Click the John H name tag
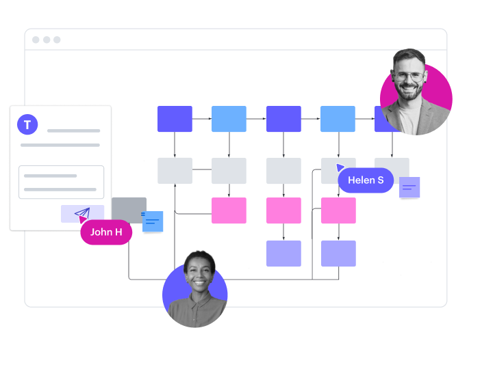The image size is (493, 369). [106, 232]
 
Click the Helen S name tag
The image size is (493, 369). [366, 180]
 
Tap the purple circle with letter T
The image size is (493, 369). [27, 124]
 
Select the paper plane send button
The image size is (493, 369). [82, 214]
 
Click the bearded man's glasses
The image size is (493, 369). [409, 76]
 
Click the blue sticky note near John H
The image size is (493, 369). [153, 221]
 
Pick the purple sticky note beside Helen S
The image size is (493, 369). [409, 187]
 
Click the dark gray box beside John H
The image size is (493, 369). [129, 210]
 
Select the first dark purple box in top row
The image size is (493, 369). [175, 119]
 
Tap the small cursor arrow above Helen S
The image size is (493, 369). [340, 167]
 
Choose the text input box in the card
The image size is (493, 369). [61, 182]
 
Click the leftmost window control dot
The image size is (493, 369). [36, 40]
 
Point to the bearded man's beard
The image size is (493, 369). [410, 93]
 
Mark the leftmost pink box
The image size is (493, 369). [229, 210]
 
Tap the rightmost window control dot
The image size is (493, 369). [57, 40]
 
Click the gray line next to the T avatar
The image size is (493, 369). [73, 131]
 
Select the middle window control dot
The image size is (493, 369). [47, 40]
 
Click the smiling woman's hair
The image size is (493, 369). [199, 258]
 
